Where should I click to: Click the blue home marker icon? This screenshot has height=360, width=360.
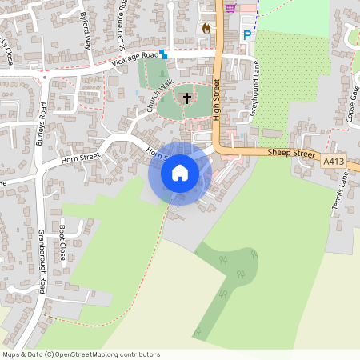point(179,173)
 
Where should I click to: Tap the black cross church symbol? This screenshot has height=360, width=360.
point(187,98)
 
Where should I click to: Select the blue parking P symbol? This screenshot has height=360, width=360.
point(246,35)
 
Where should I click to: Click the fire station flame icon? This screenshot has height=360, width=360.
point(206,28)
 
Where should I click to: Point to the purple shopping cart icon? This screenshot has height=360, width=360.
point(230,7)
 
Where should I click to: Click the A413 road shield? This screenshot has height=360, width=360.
point(334,162)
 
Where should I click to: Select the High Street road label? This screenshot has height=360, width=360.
point(216,101)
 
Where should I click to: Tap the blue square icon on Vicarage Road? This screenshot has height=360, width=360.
point(162,54)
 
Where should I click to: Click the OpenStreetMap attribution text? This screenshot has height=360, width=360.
point(80,354)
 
